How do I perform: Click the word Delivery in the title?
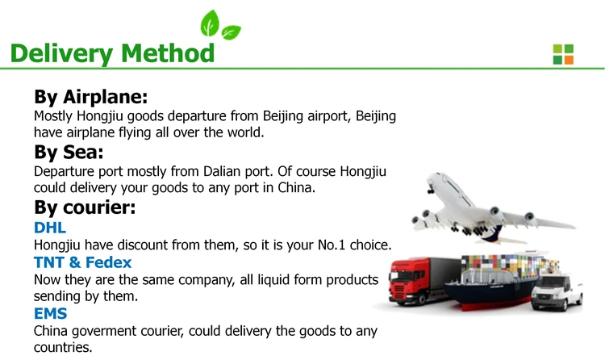pos(61,53)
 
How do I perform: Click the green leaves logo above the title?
pos(220,26)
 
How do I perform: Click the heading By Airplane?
pos(90,97)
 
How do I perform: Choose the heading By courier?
pos(84,207)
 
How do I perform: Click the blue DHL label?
pos(51,227)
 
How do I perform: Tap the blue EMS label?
pos(50,313)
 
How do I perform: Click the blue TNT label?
pos(50,262)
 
